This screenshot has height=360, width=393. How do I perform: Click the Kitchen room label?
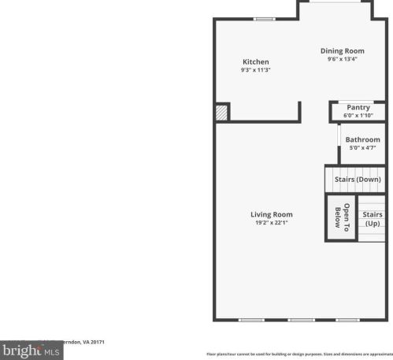pos(255,61)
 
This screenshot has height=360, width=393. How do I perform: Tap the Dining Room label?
pos(342,50)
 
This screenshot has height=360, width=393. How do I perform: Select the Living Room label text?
pos(272,214)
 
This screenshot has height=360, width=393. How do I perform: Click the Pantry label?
pos(358,107)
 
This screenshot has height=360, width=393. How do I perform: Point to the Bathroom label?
pos(362,139)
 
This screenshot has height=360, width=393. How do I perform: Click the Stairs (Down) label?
pos(358,179)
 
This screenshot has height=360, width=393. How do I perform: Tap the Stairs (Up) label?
pos(372,218)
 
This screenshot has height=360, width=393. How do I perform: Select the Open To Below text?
pos(342,217)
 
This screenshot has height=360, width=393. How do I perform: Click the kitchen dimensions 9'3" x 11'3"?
pos(255,70)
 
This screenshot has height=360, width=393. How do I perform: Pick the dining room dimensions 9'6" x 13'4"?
pos(342,59)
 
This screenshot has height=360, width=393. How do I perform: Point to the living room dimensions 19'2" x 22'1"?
pos(272,223)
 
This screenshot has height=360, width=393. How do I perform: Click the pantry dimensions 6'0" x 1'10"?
pos(358,116)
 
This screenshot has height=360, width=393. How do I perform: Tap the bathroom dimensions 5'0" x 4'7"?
pos(362,148)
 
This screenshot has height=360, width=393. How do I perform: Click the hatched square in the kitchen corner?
pos(222,113)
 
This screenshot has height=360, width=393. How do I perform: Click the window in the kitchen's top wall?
pos(264,19)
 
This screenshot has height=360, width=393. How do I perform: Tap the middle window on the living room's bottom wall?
pos(300,320)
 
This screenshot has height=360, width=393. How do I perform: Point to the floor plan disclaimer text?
pos(299,354)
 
